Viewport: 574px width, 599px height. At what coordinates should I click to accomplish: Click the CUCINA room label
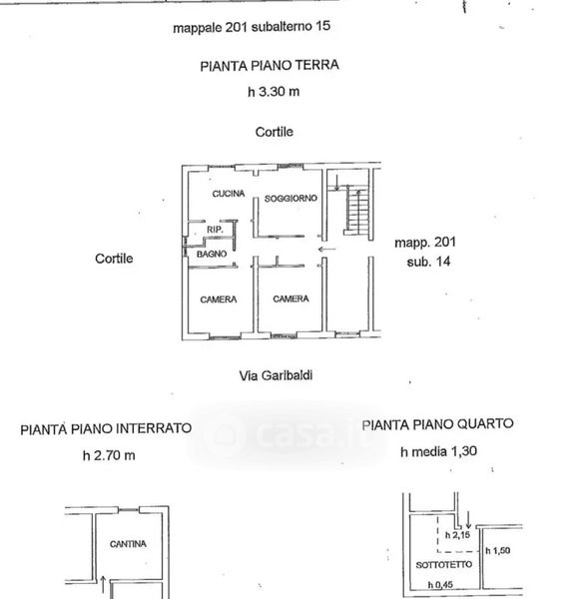pyautogui.click(x=229, y=194)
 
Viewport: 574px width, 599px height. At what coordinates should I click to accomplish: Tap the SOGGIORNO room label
pyautogui.click(x=291, y=199)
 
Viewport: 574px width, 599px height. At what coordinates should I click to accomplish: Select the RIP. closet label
pyautogui.click(x=215, y=230)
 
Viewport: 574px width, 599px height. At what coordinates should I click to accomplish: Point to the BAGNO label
pyautogui.click(x=212, y=254)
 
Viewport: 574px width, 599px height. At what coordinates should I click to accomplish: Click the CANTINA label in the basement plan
pyautogui.click(x=128, y=544)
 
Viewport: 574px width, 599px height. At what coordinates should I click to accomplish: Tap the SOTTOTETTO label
pyautogui.click(x=444, y=565)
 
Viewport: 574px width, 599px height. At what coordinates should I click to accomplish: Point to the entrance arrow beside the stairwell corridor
pyautogui.click(x=326, y=250)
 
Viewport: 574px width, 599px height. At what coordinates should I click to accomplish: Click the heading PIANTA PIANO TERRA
pyautogui.click(x=270, y=65)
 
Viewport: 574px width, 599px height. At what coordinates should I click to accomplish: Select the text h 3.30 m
pyautogui.click(x=274, y=92)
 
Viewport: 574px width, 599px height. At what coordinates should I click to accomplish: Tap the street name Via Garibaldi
pyautogui.click(x=276, y=375)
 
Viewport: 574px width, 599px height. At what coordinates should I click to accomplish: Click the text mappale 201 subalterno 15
pyautogui.click(x=252, y=27)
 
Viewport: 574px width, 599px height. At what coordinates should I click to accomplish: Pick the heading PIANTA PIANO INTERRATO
pyautogui.click(x=106, y=428)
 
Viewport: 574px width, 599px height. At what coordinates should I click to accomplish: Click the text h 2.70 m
pyautogui.click(x=109, y=455)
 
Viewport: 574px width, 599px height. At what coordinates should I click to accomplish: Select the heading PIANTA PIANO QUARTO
pyautogui.click(x=437, y=424)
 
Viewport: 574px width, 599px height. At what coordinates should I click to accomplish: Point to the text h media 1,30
pyautogui.click(x=439, y=451)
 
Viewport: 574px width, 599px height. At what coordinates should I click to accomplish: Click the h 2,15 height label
pyautogui.click(x=457, y=535)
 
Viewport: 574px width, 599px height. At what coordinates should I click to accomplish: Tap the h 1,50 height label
pyautogui.click(x=497, y=550)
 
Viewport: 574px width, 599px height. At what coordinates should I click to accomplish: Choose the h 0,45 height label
pyautogui.click(x=440, y=584)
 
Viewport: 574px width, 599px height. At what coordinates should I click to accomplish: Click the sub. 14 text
pyautogui.click(x=428, y=262)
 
